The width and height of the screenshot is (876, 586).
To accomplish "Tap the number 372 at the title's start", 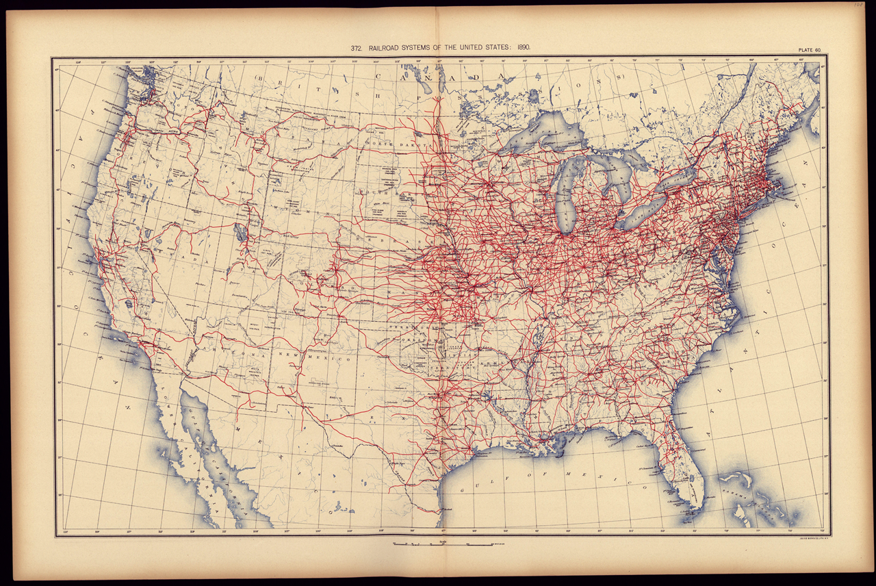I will pyautogui.click(x=356, y=49).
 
